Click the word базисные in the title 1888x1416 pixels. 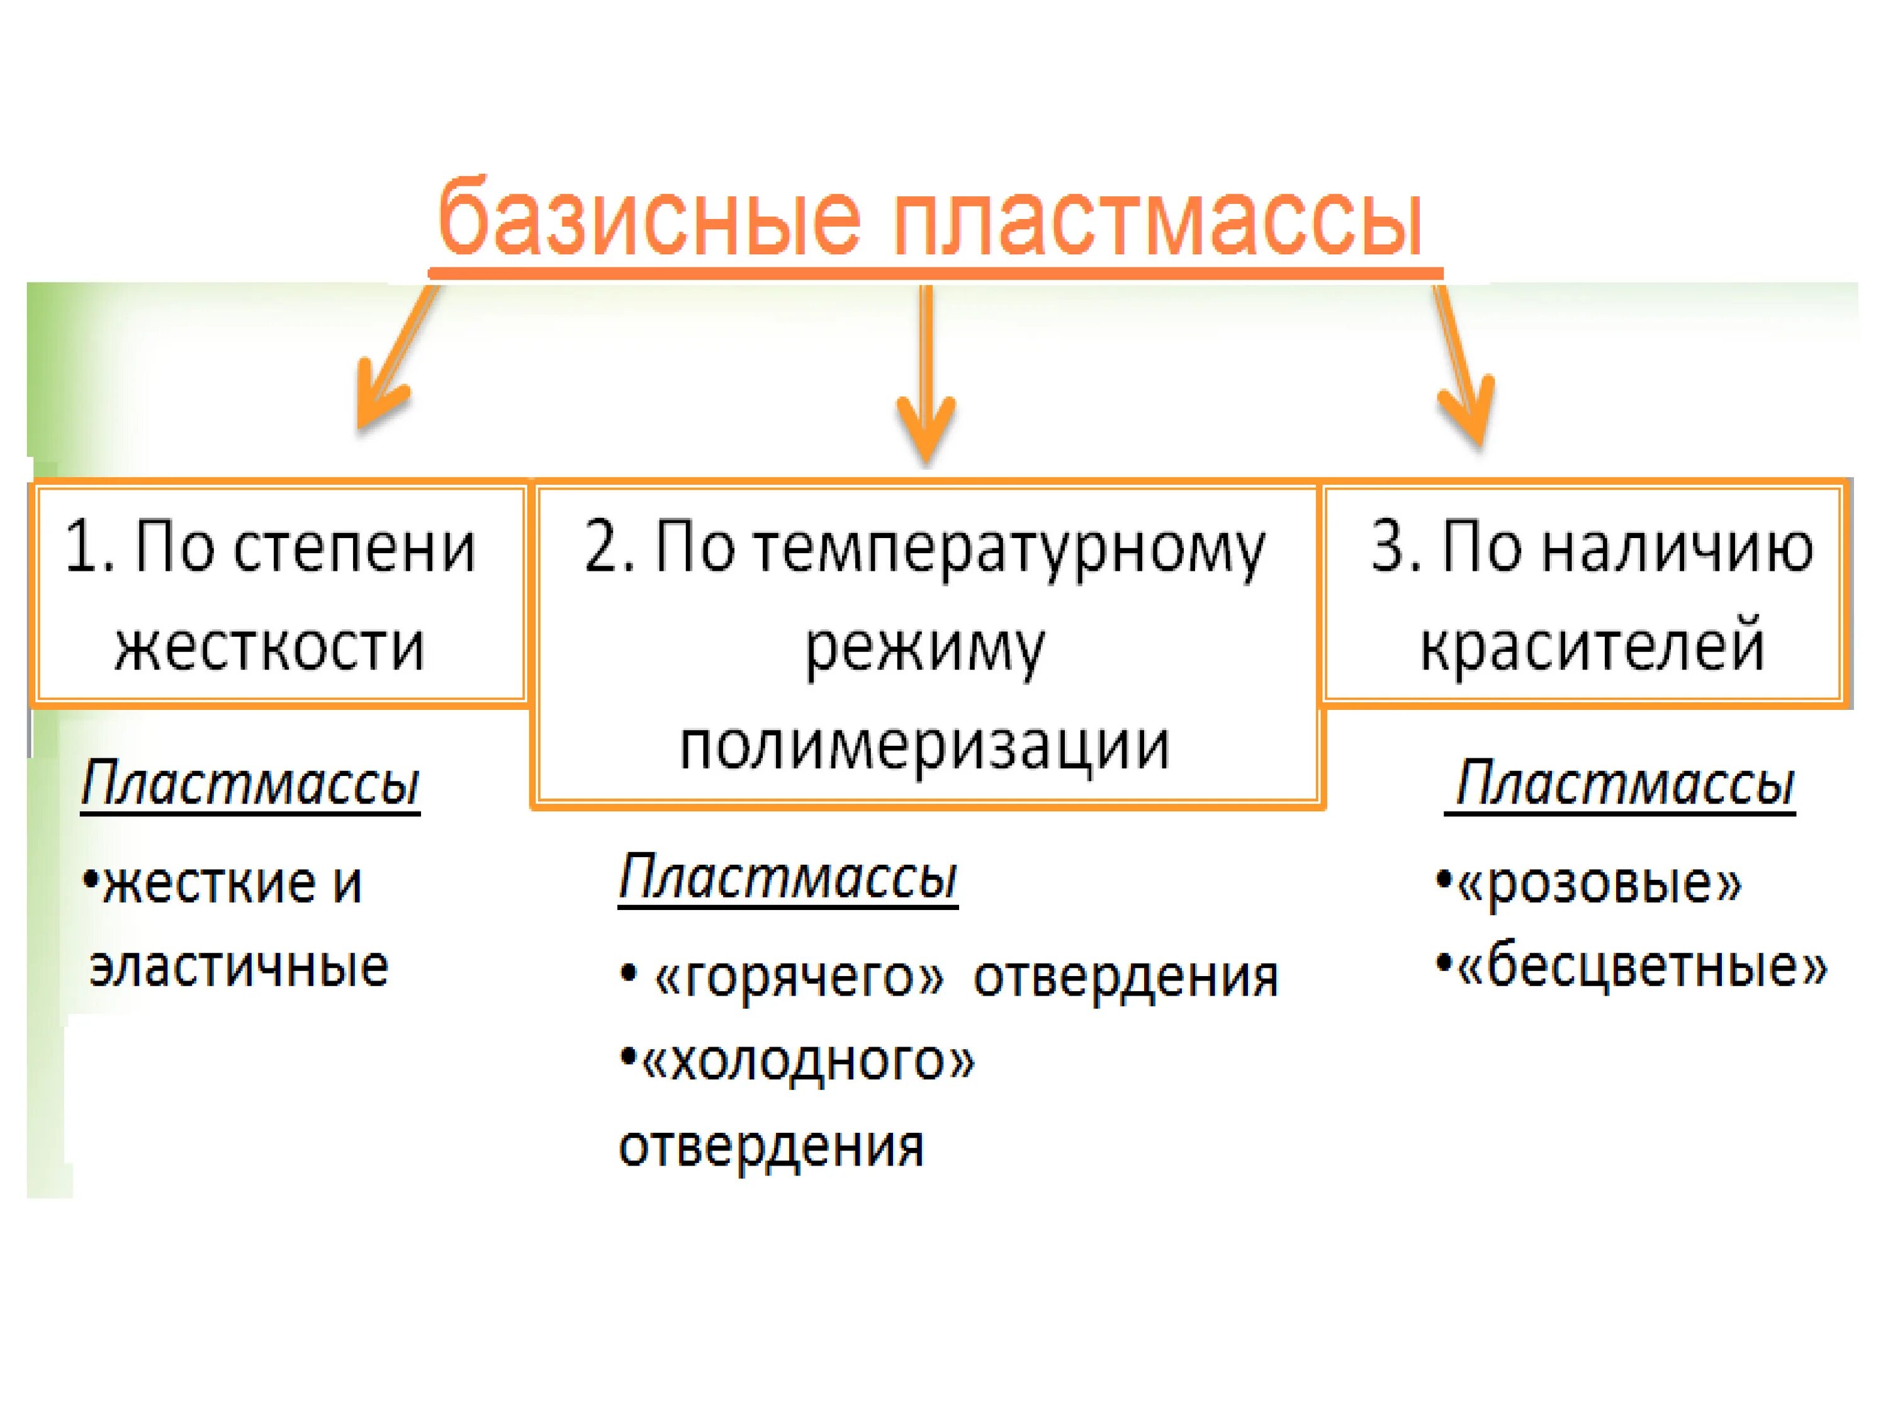649,218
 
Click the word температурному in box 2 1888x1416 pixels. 1009,551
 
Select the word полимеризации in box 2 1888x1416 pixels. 924,746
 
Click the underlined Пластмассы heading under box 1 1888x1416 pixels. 250,784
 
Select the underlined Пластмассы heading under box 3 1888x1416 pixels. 1624,784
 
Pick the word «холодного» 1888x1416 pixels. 807,1062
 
